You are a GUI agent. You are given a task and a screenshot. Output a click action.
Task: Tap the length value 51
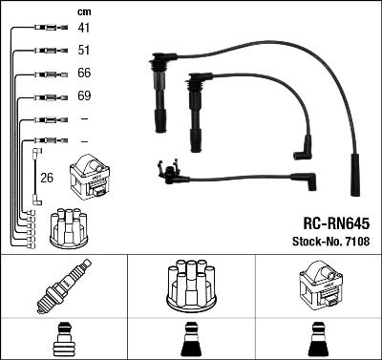tap(83, 52)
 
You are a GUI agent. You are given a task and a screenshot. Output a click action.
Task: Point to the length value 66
tap(83, 74)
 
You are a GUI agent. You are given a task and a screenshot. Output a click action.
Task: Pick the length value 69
tap(83, 97)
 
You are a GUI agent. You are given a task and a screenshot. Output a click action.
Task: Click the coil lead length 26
tap(46, 177)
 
